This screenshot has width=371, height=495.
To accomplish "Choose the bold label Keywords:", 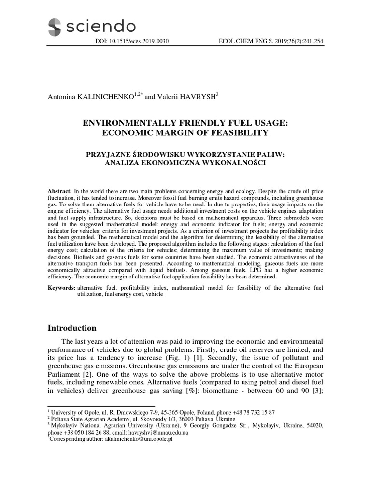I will [x=61, y=288].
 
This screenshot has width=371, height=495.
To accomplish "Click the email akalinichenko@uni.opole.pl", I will [x=131, y=439].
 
